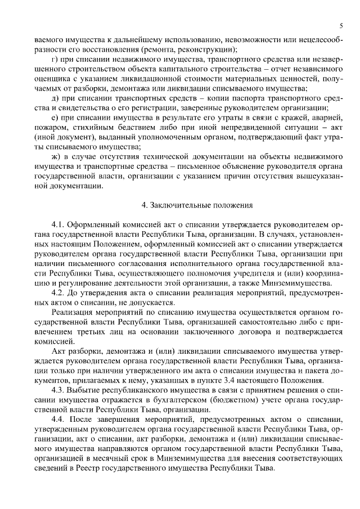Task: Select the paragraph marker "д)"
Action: (55, 98)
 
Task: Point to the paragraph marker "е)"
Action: (55, 118)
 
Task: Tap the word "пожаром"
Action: (51, 128)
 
